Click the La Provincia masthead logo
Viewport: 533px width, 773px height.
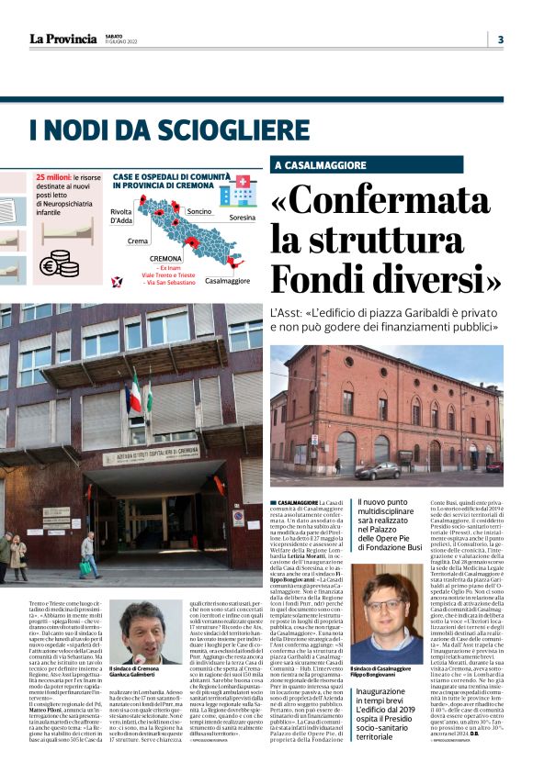[62, 39]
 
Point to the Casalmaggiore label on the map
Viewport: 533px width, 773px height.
[228, 280]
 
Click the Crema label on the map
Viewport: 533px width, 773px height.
[138, 241]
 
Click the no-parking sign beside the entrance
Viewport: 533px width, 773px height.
[238, 518]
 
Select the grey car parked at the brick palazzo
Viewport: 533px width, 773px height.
[378, 470]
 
